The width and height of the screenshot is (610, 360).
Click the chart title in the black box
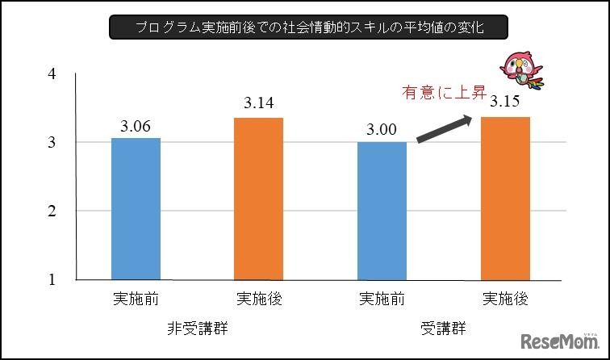[308, 27]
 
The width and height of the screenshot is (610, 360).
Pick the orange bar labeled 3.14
[258, 199]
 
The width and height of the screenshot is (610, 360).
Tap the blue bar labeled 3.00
[382, 211]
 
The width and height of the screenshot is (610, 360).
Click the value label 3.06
[136, 127]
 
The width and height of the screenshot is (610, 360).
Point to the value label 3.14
[259, 106]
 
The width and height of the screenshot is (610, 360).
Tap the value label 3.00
[382, 130]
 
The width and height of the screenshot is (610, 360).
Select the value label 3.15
[505, 104]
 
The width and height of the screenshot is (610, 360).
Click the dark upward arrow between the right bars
[444, 129]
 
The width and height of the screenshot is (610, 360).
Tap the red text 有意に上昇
[443, 93]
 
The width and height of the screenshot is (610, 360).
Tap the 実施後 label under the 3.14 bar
[259, 299]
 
